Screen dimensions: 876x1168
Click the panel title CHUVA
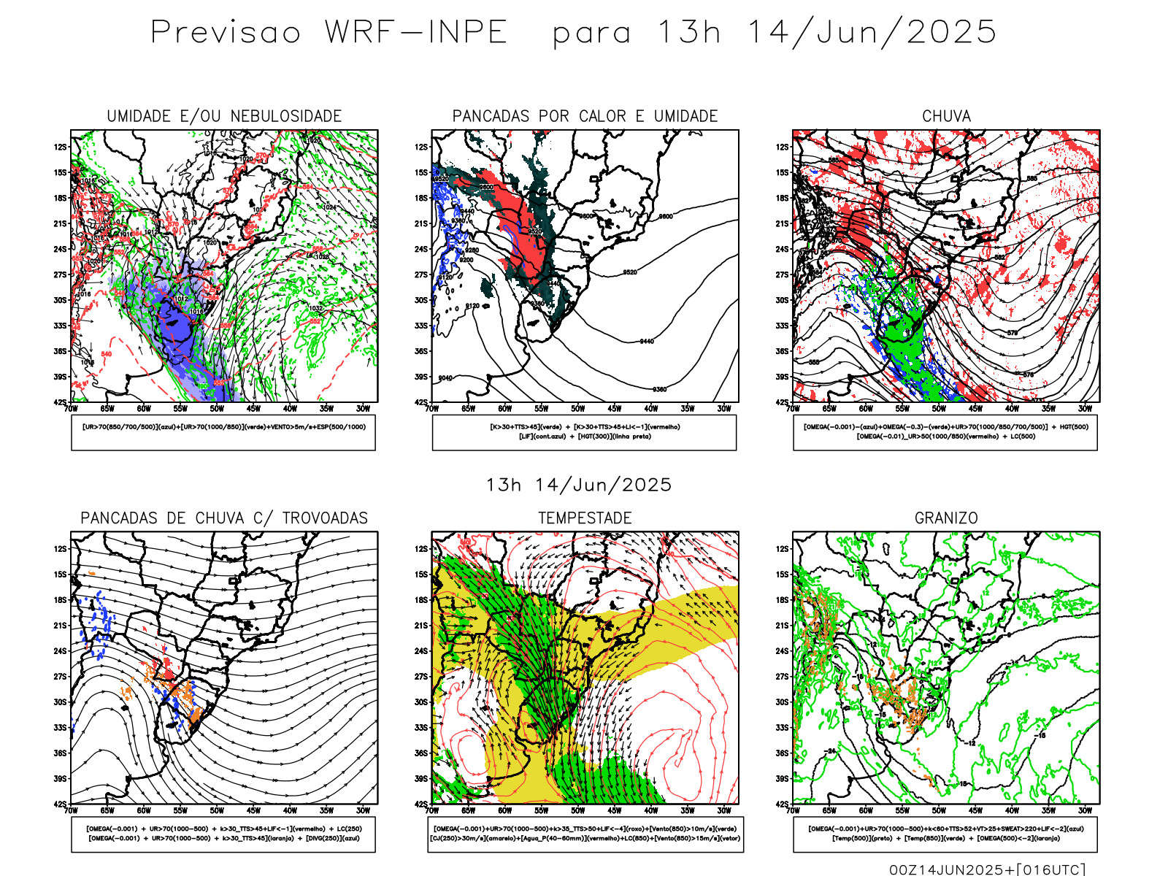pos(946,117)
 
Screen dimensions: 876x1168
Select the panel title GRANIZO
pos(946,518)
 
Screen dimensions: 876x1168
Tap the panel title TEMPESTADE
pos(585,518)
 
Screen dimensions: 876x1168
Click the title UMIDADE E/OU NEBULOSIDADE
pos(224,117)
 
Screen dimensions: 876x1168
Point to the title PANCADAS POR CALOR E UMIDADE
pos(585,117)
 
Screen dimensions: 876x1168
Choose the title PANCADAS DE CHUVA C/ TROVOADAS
pos(224,518)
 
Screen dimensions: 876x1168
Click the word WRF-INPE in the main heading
pos(416,33)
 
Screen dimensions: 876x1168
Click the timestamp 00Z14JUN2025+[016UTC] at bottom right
pos(987,869)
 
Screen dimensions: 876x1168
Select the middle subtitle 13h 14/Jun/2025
pos(579,485)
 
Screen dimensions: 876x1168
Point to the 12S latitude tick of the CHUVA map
pos(783,147)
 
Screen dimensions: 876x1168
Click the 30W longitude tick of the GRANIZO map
pos(1085,810)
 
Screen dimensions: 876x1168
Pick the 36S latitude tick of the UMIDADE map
pos(60,351)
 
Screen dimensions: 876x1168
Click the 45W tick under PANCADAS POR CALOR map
pos(615,409)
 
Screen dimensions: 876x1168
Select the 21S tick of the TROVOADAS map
pos(60,626)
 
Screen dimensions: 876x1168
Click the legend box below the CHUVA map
pos(945,432)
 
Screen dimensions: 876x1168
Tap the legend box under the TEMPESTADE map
pos(585,834)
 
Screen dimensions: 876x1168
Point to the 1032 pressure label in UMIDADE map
pos(315,308)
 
